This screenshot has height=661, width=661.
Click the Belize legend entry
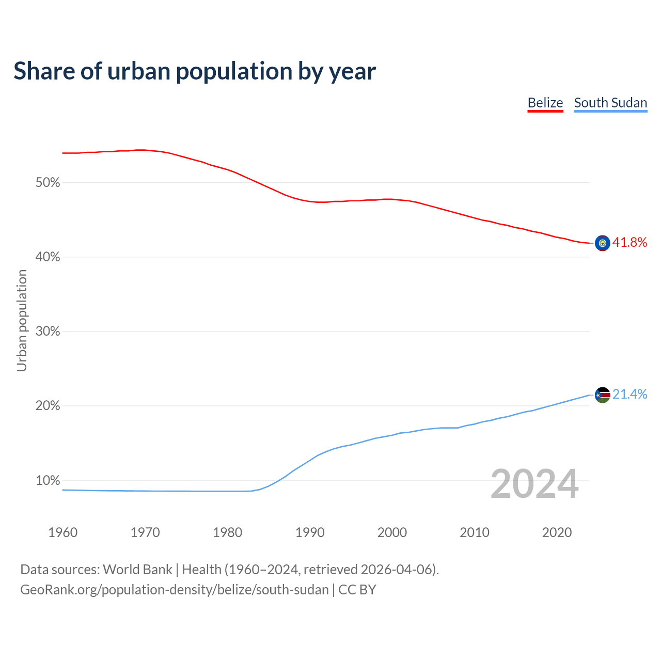pos(545,103)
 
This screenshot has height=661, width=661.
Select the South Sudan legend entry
pos(610,103)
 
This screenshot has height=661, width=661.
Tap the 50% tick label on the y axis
pos(48,183)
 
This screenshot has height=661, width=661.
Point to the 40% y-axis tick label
pos(48,257)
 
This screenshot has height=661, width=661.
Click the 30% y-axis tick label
pos(48,332)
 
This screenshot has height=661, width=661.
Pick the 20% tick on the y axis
pos(48,406)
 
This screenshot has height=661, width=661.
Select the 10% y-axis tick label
pos(48,481)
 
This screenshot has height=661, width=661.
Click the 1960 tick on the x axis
pos(62,532)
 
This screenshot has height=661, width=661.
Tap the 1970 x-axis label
pos(145,532)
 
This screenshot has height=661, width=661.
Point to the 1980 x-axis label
pos(227,532)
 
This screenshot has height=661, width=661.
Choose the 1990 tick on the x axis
pos(310,532)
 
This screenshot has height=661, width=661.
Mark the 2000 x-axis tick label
pos(392,532)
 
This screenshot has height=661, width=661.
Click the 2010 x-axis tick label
pos(475,532)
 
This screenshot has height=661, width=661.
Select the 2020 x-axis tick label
pos(557,532)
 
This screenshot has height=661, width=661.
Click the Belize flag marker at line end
pos(603,243)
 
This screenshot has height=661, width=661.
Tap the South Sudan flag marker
pos(603,395)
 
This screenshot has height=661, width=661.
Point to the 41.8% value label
pos(629,243)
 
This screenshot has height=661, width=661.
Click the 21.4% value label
pos(629,395)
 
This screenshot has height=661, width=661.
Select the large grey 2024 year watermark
pos(534,484)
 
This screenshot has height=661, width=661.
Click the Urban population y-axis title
pos(22,320)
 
